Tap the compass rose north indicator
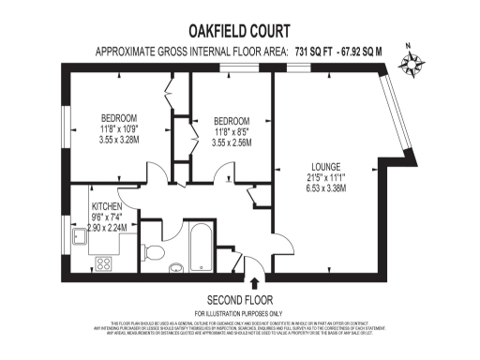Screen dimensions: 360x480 (x=412, y=61)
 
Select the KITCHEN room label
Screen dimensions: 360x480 (x=108, y=206)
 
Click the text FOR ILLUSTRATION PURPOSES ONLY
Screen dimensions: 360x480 (x=238, y=312)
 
